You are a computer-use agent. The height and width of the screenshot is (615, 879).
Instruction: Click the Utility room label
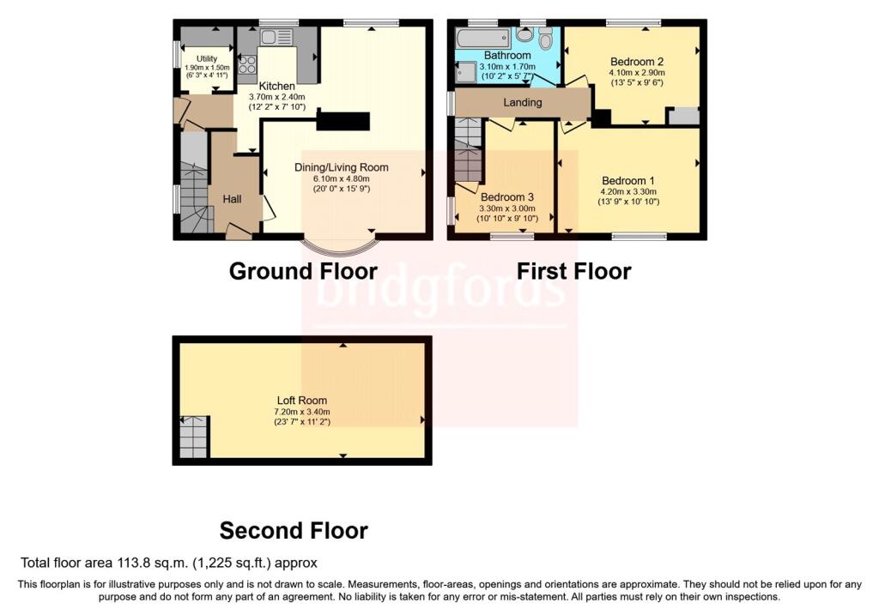pos(207,59)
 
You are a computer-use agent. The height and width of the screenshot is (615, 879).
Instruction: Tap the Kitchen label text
pos(277,87)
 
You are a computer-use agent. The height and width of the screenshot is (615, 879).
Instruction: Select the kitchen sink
pos(276,38)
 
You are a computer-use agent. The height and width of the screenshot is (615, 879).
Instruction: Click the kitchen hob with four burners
pos(247,64)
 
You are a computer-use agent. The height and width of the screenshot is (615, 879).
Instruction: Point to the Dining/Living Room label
pos(342,167)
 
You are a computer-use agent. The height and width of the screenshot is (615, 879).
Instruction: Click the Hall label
pos(232,199)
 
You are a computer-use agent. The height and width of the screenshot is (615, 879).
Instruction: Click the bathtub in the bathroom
pos(483,38)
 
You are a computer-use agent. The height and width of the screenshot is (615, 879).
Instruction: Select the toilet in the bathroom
pos(545,39)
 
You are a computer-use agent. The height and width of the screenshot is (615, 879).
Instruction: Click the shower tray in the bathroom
pos(465,72)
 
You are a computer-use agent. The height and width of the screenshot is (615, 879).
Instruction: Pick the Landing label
pos(523,103)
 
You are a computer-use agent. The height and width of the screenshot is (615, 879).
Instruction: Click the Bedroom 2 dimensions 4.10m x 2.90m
pos(637,73)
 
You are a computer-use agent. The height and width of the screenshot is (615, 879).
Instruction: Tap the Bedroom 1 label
pos(627,181)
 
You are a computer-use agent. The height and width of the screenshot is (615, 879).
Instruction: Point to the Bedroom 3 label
pos(507,197)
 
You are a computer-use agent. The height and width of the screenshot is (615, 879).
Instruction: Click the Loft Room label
pos(301,401)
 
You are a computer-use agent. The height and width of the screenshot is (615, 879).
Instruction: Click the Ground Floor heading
pos(303,272)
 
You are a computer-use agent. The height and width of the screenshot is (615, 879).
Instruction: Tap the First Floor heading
pos(574,272)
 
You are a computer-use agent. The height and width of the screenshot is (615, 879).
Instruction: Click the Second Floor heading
pos(294,530)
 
